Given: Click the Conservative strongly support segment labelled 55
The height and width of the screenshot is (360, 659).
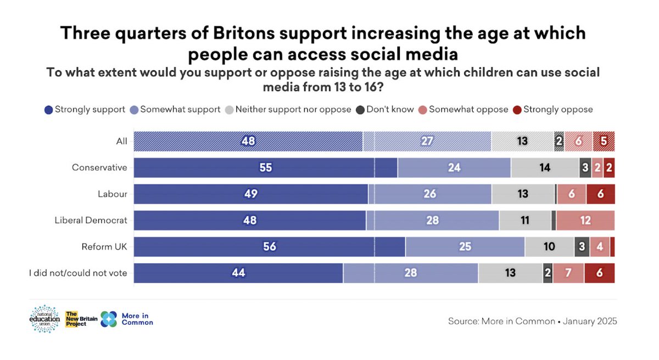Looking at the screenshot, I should [265, 168].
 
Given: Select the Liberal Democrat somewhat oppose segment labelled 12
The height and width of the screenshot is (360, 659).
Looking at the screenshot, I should [585, 221].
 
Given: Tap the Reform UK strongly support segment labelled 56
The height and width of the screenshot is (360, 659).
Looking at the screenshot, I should [269, 247].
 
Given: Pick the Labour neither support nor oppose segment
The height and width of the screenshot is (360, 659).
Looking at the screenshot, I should [523, 194].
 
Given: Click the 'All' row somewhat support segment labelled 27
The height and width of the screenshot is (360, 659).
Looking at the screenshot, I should [427, 142].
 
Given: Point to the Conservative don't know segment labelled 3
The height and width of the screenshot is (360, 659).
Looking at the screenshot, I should [585, 168].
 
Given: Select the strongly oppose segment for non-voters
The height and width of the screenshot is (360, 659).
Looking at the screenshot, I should [600, 273].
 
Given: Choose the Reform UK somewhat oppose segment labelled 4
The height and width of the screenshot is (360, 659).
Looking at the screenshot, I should [600, 247].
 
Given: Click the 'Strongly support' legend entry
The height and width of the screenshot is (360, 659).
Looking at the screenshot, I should [85, 109].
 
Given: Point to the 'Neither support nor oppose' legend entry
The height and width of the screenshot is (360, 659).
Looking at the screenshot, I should [288, 109].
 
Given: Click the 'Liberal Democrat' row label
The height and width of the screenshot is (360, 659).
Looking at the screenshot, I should [91, 221].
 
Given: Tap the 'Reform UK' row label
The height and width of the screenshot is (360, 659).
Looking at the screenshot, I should [104, 247].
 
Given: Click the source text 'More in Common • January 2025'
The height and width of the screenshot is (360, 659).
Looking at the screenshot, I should [532, 321].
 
